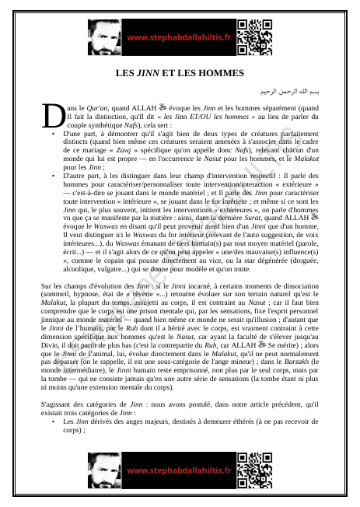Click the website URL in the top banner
[179, 37]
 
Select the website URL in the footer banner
[179, 471]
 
